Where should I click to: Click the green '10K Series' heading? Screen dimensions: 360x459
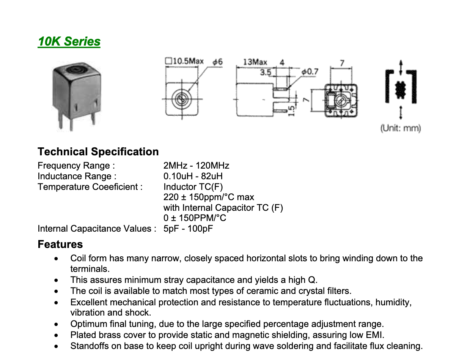69,41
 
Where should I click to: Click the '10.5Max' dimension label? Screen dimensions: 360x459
188,61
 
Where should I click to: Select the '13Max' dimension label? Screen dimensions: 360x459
255,62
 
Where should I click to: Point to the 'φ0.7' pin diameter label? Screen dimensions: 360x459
310,71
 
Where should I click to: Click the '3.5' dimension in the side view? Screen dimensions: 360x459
266,71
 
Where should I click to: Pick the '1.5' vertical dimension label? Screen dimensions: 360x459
291,111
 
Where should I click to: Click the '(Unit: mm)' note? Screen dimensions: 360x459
401,128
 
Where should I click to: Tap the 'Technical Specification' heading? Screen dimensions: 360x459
98,152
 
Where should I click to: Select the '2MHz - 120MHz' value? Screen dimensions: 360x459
196,166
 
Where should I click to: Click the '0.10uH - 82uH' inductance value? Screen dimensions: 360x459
193,176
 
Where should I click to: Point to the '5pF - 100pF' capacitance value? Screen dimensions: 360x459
188,229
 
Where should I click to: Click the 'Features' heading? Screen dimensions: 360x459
60,244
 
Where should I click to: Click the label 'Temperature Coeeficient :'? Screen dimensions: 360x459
90,187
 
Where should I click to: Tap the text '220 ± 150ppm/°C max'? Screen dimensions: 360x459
209,197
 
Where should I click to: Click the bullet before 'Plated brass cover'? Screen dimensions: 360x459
56,335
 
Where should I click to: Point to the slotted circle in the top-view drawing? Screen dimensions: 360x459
180,100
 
